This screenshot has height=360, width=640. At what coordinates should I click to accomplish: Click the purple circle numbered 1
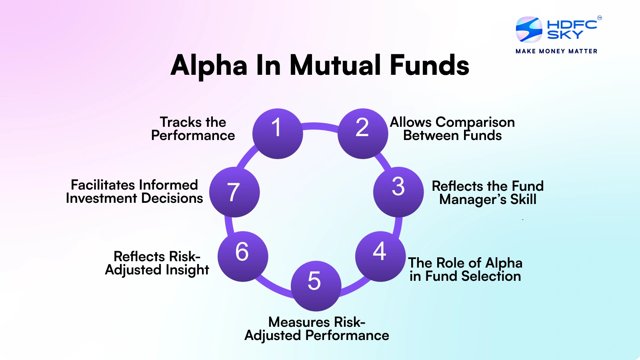point(278,134)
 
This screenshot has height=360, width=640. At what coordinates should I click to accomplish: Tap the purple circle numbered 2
point(363,134)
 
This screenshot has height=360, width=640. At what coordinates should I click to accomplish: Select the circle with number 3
point(398,192)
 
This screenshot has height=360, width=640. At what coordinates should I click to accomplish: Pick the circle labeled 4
point(380,256)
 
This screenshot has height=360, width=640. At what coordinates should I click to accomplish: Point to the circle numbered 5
point(316,286)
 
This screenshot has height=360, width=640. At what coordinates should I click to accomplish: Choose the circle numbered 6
point(243,256)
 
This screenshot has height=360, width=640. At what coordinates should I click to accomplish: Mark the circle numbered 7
point(234,192)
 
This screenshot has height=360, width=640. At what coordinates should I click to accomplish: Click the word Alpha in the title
point(209,65)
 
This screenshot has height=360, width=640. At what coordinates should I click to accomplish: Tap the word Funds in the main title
point(429,65)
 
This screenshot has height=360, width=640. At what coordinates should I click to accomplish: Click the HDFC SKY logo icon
point(529,30)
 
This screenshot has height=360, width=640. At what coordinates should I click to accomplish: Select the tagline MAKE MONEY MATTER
point(556,51)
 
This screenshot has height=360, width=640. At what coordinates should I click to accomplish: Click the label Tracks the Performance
point(193,129)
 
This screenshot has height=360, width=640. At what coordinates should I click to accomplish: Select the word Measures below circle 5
point(299,322)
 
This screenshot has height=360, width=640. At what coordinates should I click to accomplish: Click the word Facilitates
point(103,185)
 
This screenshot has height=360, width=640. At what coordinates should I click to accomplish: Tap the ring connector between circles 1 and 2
point(320,126)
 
